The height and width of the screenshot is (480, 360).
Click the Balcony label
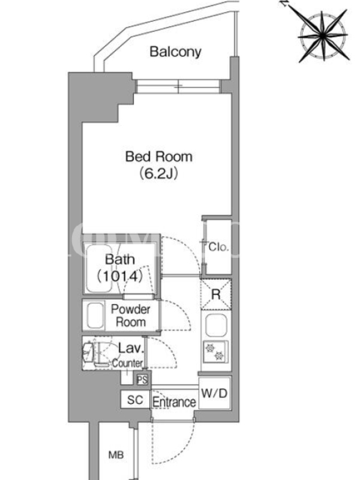point(175,52)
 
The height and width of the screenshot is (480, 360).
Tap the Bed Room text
point(159,157)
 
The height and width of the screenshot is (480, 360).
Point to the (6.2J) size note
point(159,173)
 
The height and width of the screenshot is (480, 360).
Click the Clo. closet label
point(218,247)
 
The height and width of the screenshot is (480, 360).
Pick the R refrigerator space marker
point(216,295)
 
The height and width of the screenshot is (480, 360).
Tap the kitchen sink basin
point(216,325)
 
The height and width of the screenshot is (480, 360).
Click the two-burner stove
point(215,352)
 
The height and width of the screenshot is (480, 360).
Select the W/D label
point(214,393)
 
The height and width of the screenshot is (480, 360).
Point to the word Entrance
point(174,402)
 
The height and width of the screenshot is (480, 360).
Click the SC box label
point(135,400)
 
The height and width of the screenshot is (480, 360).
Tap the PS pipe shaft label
point(142,380)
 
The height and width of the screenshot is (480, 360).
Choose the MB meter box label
point(116,455)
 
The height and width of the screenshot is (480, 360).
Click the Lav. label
point(131,349)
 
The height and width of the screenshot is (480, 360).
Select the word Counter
point(127,363)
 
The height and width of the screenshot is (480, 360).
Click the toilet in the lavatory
point(88,352)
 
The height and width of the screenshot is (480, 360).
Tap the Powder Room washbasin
point(95,316)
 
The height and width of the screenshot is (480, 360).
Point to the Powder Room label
point(130,316)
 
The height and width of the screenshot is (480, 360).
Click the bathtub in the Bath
point(99,269)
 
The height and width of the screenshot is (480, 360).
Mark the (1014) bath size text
point(120,276)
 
